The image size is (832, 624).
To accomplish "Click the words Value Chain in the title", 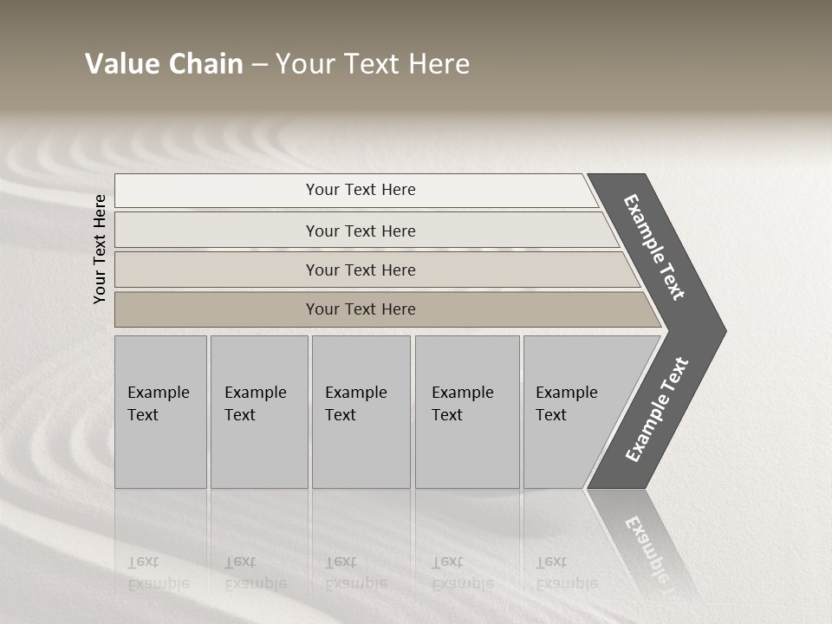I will (164, 64).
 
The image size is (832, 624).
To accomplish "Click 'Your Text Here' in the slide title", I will (373, 64).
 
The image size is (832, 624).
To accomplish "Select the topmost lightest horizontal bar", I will (217, 191).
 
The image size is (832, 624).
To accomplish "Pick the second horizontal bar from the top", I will (217, 231).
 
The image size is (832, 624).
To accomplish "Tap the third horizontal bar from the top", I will (217, 270).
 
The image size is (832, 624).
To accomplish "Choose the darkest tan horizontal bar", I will (217, 309).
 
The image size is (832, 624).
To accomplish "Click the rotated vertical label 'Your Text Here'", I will (100, 249).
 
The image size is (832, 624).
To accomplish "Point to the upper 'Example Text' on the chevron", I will (654, 247).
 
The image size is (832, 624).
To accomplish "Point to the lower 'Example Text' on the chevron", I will (657, 410).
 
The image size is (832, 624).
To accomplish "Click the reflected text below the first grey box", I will (158, 573).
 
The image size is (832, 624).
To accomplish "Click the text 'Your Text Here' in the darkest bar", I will (361, 309).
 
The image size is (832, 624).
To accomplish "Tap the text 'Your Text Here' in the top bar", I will (361, 190).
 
